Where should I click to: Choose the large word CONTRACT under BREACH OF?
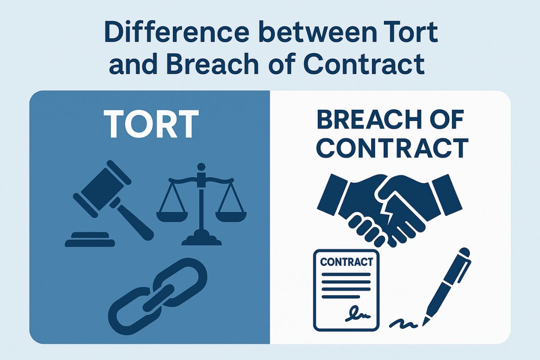[391, 148]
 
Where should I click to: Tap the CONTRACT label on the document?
[346, 261]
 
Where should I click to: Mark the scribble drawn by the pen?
[403, 322]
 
